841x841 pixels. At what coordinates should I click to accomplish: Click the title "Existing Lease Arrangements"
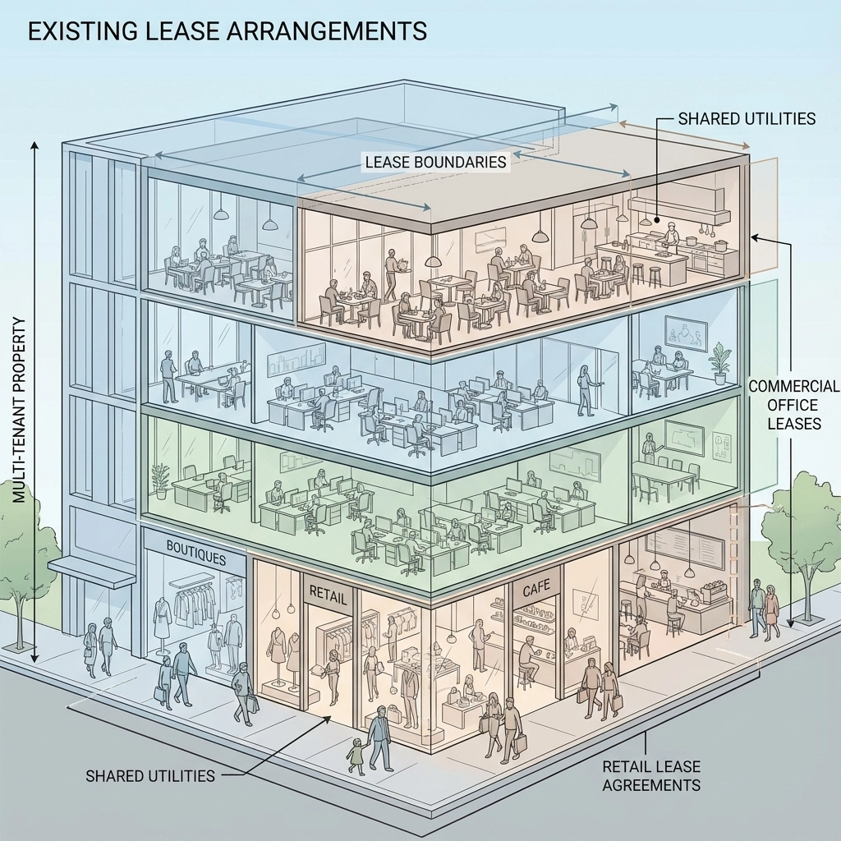coord(227,30)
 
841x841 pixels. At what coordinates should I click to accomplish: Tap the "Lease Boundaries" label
coord(435,162)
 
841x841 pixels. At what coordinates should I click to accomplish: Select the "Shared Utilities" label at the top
coord(747,118)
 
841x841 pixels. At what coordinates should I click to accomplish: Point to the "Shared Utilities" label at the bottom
coord(150,775)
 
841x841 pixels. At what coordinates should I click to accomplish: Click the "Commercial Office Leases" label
coord(793,405)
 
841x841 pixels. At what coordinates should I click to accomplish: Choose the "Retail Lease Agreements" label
coord(651,775)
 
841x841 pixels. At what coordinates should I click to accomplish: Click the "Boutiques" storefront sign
coord(195,558)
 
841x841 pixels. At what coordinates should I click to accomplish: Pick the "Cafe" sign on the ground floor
coord(536,589)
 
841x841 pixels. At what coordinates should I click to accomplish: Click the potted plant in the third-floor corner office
coord(720,361)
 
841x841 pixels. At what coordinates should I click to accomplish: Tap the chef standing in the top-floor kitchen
coord(672,239)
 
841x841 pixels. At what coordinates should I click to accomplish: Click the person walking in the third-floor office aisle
coord(586,389)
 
